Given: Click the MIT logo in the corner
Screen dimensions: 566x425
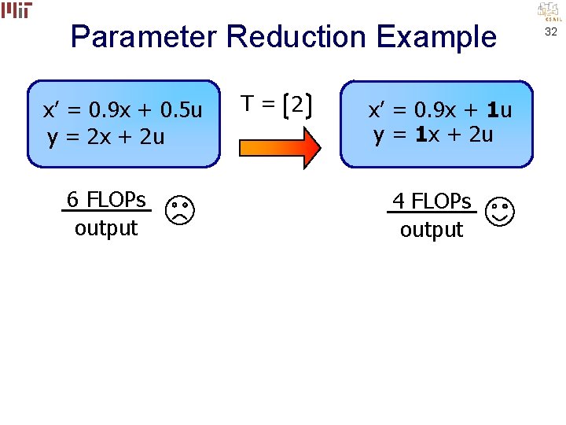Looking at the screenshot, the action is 17,9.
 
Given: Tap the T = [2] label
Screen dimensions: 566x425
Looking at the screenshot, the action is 276,104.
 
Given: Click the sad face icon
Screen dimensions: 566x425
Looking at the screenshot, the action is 180,210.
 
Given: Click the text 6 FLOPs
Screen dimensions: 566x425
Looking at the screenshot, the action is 106,200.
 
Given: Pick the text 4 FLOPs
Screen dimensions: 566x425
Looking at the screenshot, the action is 432,201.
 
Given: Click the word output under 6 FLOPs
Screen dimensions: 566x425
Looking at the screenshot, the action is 106,228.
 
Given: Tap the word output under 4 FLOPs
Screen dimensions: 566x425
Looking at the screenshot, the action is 432,230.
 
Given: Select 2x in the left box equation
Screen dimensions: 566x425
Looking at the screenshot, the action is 100,138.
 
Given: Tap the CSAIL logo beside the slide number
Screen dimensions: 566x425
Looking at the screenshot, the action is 548,11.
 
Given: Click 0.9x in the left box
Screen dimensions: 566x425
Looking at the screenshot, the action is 111,110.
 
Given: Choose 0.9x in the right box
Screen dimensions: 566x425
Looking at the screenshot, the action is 436,110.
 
